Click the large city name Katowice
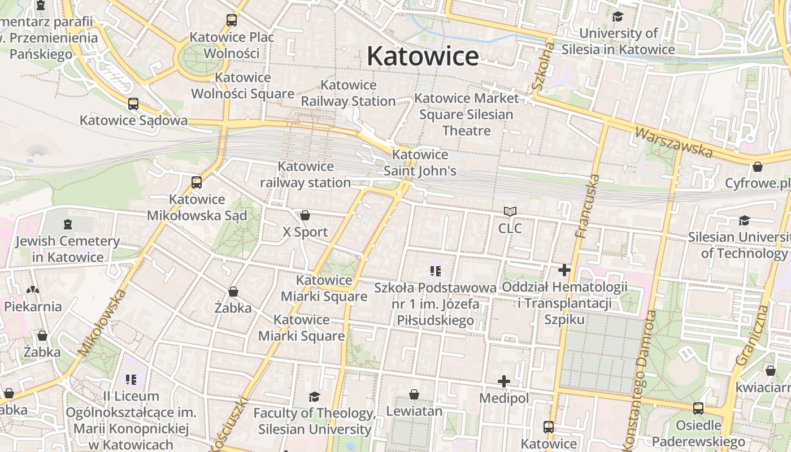click(423, 56)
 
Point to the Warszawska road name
click(673, 142)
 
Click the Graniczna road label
click(750, 335)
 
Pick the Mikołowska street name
click(102, 323)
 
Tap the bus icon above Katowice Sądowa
click(133, 104)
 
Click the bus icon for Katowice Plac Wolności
click(232, 20)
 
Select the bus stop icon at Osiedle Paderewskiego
click(698, 408)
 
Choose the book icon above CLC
click(510, 212)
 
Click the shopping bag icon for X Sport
click(305, 215)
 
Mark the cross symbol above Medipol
click(504, 382)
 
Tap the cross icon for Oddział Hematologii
click(564, 270)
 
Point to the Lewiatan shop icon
click(414, 394)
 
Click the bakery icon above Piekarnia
click(33, 290)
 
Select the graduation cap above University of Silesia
click(618, 16)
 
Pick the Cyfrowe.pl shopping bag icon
click(758, 167)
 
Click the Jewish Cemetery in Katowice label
click(68, 249)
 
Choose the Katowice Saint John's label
click(420, 163)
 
